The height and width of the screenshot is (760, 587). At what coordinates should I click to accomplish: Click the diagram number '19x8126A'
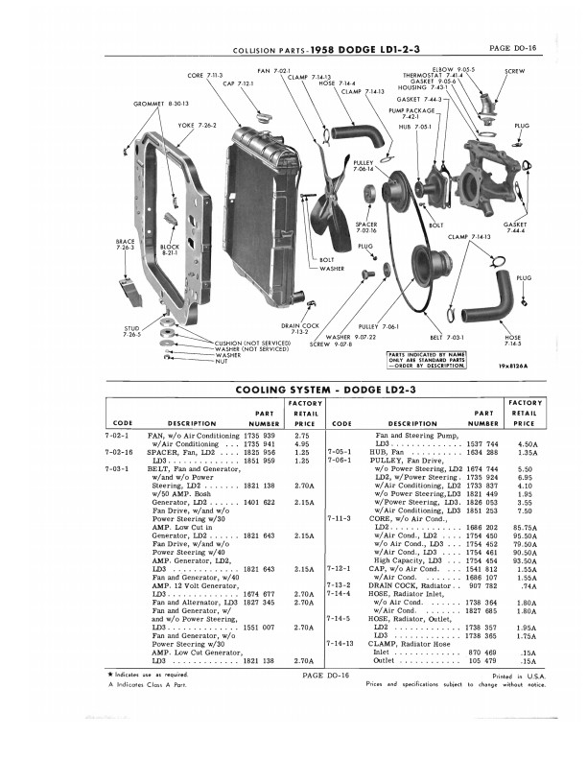coord(514,365)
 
